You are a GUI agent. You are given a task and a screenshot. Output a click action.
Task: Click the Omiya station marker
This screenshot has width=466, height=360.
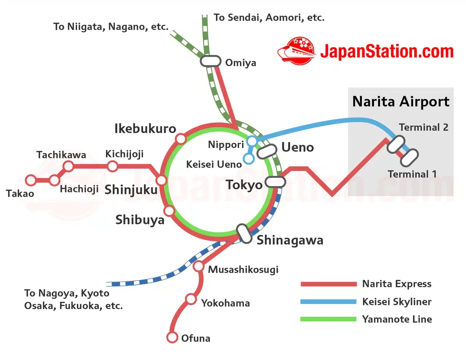tap(210, 61)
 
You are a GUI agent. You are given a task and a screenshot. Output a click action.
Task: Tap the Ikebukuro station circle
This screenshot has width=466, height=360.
tap(181, 139)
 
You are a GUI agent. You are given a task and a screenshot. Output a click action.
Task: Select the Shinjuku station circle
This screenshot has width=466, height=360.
tap(161, 180)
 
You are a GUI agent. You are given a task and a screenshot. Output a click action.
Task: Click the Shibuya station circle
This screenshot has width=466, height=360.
tap(169, 211)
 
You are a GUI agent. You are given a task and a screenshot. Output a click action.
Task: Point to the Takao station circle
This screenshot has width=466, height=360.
tap(31, 180)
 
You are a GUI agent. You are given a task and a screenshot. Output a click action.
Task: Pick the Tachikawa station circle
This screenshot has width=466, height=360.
tap(68, 167)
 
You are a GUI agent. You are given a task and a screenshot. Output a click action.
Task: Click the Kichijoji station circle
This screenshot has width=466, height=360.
tap(112, 167)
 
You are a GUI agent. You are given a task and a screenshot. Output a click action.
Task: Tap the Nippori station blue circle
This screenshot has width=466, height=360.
tap(252, 141)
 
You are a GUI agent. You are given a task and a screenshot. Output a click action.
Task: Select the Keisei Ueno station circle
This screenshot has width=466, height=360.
tap(249, 159)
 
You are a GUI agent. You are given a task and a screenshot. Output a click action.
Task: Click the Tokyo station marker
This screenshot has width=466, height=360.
tap(275, 182)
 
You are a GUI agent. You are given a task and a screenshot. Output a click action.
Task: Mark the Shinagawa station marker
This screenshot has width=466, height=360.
tap(244, 234)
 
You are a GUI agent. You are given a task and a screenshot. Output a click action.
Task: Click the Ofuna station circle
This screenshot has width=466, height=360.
tap(172, 337)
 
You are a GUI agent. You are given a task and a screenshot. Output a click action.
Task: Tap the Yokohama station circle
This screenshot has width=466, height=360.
tap(191, 299)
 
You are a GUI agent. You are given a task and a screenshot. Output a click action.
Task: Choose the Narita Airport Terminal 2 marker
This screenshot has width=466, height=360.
tap(396, 145)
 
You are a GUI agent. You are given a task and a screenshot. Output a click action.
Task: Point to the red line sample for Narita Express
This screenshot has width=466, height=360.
tap(328, 284)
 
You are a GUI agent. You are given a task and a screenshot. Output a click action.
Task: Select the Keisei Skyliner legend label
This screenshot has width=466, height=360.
tap(396, 302)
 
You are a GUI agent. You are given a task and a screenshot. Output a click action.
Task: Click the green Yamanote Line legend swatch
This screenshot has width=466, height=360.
tap(328, 319)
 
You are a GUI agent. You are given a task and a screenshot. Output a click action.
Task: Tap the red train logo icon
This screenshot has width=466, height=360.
tap(296, 51)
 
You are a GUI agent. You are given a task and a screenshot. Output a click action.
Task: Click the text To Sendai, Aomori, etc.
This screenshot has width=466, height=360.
tap(269, 17)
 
